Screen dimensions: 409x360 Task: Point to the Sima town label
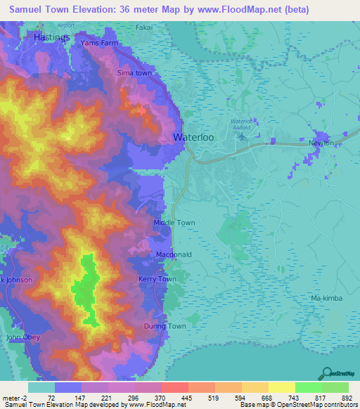pyautogui.click(x=134, y=73)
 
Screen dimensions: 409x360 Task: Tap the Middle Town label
pyautogui.click(x=174, y=223)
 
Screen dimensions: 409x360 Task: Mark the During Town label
pyautogui.click(x=165, y=327)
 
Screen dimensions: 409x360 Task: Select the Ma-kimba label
pyautogui.click(x=326, y=299)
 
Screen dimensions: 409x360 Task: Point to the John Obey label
pyautogui.click(x=22, y=338)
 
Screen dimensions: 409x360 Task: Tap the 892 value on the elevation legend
pyautogui.click(x=347, y=397)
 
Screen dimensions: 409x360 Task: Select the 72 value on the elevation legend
pyautogui.click(x=51, y=397)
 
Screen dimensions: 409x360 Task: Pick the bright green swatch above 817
pyautogui.click(x=309, y=387)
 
